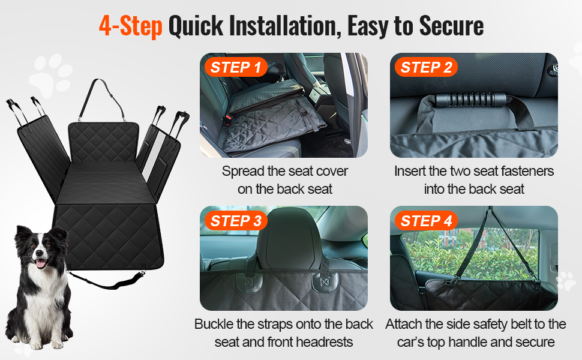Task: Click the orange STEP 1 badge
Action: coord(236,67)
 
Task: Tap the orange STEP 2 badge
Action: coord(426,67)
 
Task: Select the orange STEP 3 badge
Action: coord(236,221)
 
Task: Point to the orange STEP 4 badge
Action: coord(426,221)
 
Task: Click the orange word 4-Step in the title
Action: coord(131,26)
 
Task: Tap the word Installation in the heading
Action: coord(285,26)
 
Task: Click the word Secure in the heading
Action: coord(451,26)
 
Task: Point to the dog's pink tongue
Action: coord(40,264)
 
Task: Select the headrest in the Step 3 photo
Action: coord(286,238)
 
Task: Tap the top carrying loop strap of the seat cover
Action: coord(103,98)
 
